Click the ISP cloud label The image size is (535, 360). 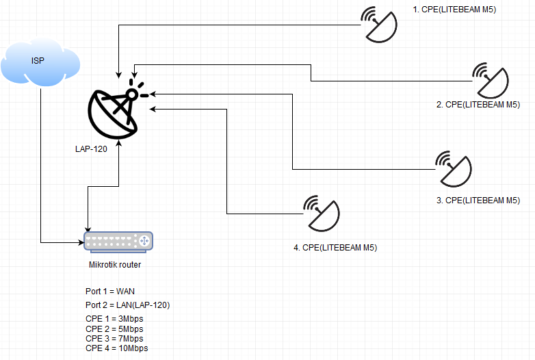click(x=38, y=61)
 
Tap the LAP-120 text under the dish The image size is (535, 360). click(x=91, y=149)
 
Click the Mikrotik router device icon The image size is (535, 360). click(x=118, y=242)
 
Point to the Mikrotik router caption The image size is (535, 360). click(x=115, y=264)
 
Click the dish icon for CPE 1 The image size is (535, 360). click(x=379, y=25)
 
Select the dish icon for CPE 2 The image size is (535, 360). click(x=491, y=81)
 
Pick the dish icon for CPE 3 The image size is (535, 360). click(x=454, y=169)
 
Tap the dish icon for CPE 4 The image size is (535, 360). click(x=322, y=214)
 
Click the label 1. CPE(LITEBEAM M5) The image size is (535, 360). click(x=454, y=10)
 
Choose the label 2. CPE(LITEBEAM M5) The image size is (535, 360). click(x=478, y=105)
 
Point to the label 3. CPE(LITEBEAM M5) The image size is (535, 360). click(x=478, y=201)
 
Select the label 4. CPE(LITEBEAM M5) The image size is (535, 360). click(x=335, y=247)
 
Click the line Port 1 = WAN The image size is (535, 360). click(x=110, y=292)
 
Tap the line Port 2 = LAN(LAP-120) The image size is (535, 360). click(x=128, y=305)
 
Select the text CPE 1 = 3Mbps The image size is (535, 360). click(x=114, y=319)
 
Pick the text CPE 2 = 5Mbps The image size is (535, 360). click(x=114, y=329)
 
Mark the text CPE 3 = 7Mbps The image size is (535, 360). click(x=114, y=339)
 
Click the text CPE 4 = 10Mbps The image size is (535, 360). click(x=117, y=348)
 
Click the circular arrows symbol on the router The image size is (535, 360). click(x=144, y=241)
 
